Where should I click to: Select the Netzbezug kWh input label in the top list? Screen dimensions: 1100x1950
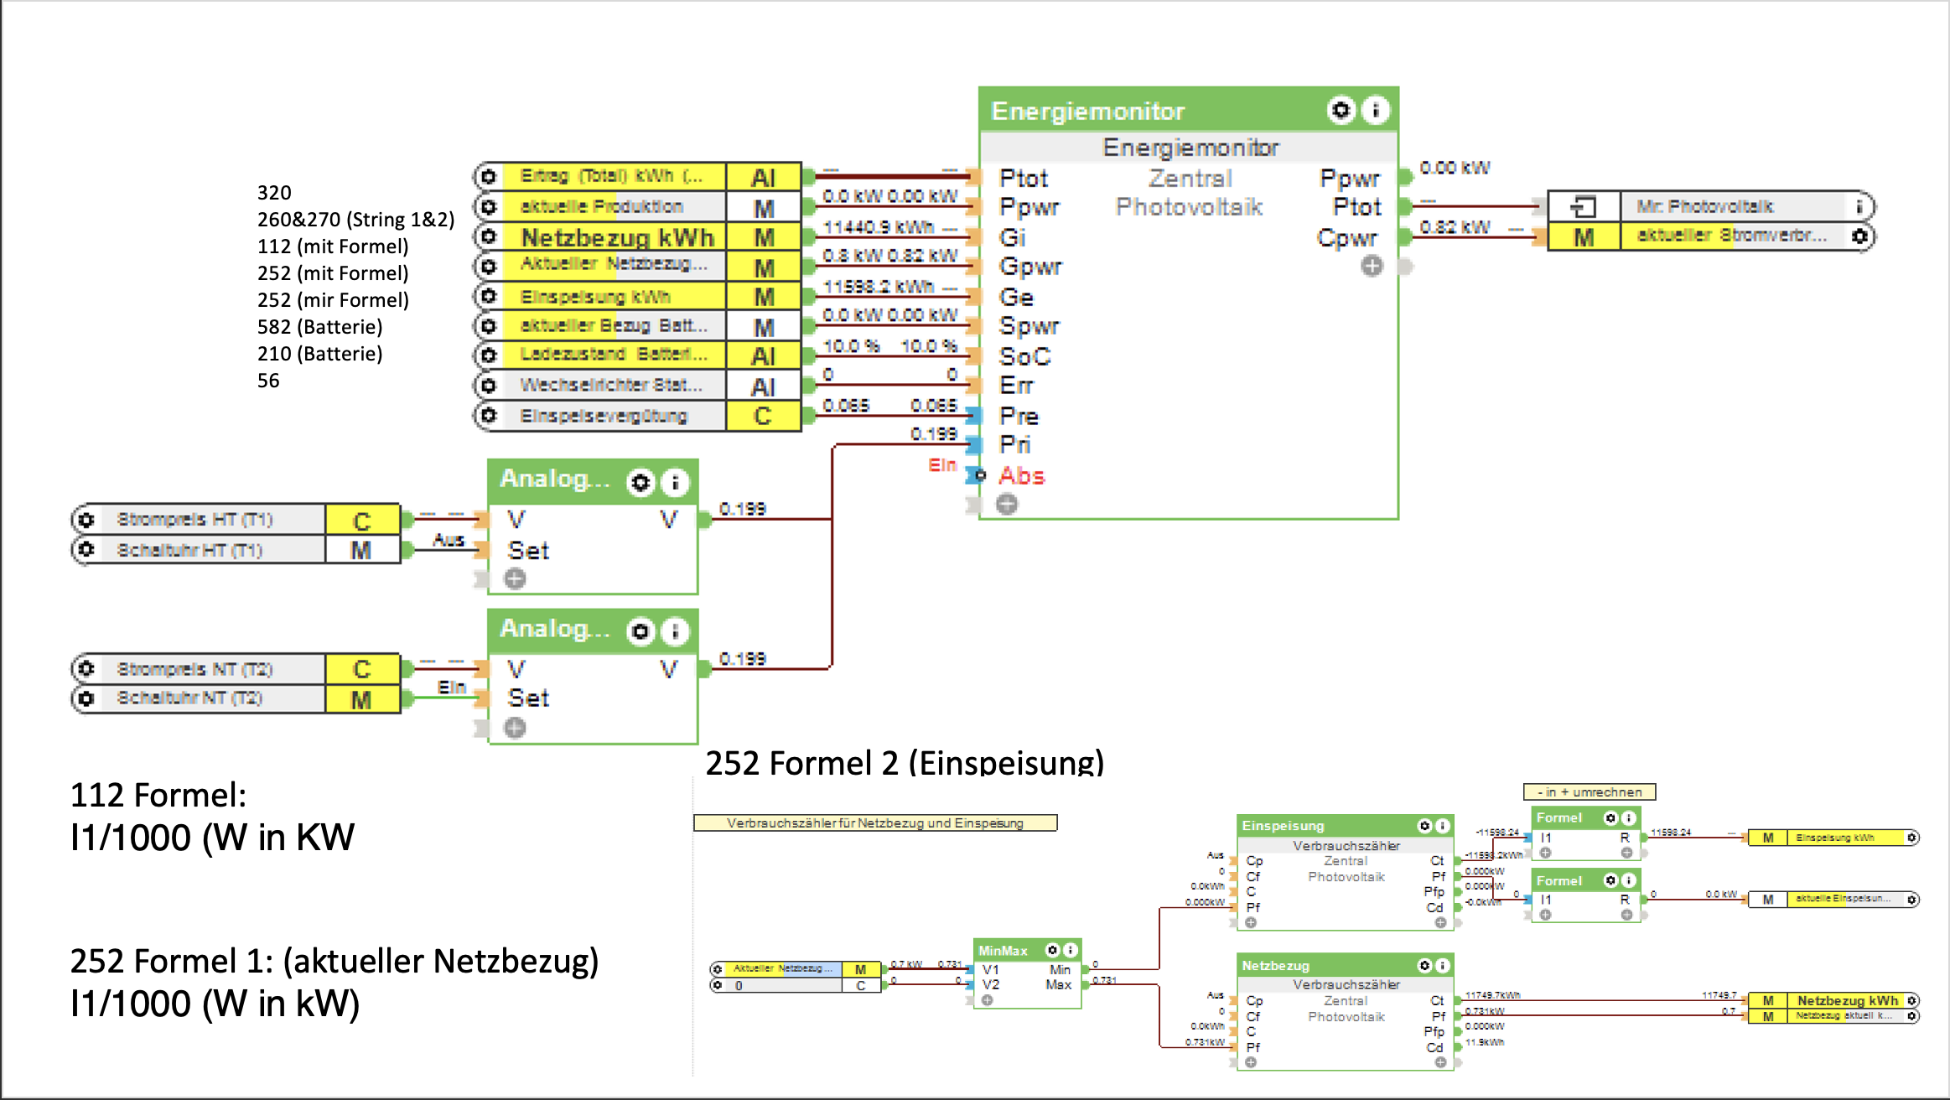[616, 237]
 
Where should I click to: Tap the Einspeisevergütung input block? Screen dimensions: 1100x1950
[604, 416]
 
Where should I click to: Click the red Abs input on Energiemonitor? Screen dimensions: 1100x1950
[1021, 476]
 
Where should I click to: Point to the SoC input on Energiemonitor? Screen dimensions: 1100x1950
[1024, 356]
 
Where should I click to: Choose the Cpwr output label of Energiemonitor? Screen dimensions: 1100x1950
[1346, 238]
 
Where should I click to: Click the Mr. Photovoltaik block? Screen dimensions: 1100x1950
[1705, 206]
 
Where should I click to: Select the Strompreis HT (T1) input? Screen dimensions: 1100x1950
[194, 520]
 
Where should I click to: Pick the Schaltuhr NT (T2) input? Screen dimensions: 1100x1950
[189, 698]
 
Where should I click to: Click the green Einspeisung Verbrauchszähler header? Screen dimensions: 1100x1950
[1325, 826]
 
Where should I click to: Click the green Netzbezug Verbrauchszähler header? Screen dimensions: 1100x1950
[1325, 966]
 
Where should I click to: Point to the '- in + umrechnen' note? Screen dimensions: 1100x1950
[1589, 792]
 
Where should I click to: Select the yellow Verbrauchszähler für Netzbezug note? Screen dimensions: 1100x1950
[874, 823]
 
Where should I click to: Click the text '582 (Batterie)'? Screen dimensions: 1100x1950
[319, 327]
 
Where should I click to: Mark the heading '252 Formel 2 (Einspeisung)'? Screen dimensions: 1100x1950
[905, 763]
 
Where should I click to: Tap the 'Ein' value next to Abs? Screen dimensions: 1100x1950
[941, 464]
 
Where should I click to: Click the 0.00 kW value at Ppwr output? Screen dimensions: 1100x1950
[1455, 168]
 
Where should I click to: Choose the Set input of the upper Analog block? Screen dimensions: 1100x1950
[528, 551]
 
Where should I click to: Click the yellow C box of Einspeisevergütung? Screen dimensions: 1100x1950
[762, 416]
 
